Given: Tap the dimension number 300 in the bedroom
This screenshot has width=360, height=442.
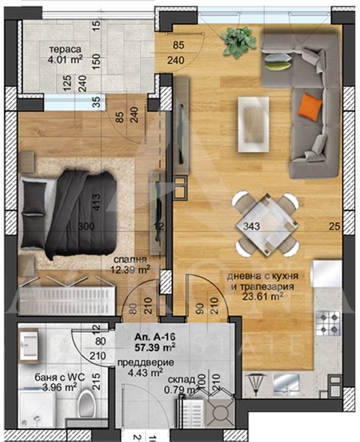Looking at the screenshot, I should pyautogui.click(x=86, y=227).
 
